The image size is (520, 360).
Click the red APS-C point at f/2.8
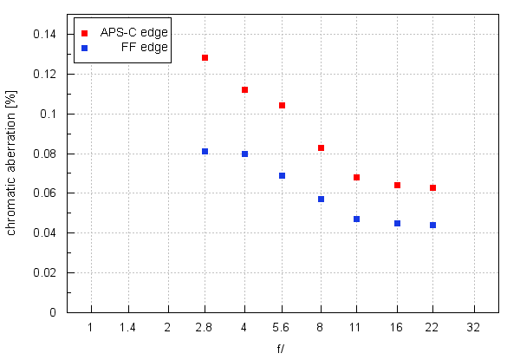click(x=205, y=57)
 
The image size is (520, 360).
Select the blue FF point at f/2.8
click(x=205, y=151)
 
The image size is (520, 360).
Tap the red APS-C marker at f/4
click(x=244, y=89)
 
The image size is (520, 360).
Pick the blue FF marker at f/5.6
click(x=282, y=175)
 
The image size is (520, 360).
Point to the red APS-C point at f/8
click(x=321, y=147)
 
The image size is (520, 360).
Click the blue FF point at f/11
click(x=356, y=219)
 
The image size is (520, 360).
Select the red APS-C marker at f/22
click(x=432, y=187)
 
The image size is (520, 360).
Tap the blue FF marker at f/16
click(x=397, y=223)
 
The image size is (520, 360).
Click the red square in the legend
click(x=84, y=33)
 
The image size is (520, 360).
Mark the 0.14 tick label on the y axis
click(x=43, y=35)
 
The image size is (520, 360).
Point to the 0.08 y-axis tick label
click(x=43, y=154)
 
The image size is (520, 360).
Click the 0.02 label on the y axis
click(x=43, y=272)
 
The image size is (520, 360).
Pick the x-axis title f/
click(x=281, y=349)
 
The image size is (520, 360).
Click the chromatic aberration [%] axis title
click(x=11, y=173)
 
